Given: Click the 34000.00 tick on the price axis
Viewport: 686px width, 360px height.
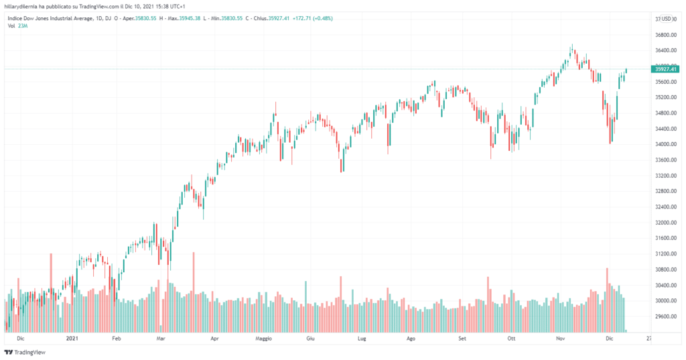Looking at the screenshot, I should coord(665,144).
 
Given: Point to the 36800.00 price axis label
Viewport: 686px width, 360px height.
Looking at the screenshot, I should coord(665,35).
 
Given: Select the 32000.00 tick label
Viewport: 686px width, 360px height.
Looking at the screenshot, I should coord(665,223).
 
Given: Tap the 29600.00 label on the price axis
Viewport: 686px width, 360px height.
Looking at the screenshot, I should coord(665,316).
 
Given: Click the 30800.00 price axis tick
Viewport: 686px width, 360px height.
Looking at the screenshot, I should coord(665,269).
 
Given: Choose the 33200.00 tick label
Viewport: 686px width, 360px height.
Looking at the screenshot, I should coord(665,176).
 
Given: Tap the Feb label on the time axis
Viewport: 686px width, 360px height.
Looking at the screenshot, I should coord(116,339).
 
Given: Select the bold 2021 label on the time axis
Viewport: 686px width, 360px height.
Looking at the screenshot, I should coord(73,339).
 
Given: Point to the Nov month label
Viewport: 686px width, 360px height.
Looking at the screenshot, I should coord(561,339).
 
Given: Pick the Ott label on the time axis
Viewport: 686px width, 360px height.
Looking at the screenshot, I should coord(512,339).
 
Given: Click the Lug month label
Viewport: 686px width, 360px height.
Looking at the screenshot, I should coord(362,339).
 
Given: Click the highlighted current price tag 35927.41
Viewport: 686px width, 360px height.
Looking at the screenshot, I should coord(666,69).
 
